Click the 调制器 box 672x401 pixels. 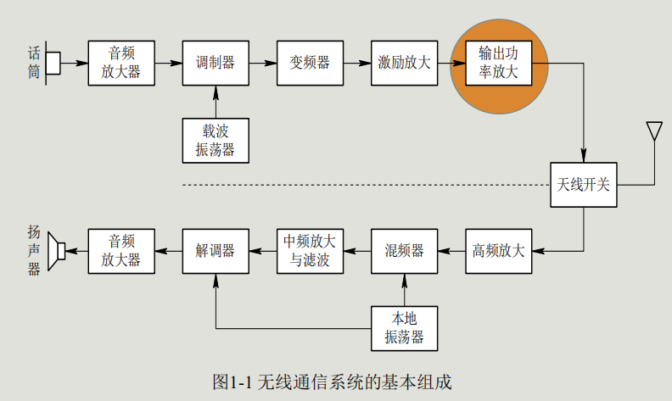pyautogui.click(x=216, y=63)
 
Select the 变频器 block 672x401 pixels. pyautogui.click(x=310, y=63)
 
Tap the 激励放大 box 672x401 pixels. pyautogui.click(x=404, y=63)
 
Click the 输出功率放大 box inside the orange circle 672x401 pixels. pyautogui.click(x=498, y=63)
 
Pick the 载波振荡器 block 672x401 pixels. pyautogui.click(x=216, y=140)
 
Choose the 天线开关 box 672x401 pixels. pyautogui.click(x=583, y=184)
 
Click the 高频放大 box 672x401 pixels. pyautogui.click(x=498, y=250)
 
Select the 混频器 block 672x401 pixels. pyautogui.click(x=404, y=250)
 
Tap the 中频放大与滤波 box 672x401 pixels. pyautogui.click(x=310, y=250)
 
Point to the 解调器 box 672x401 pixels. pyautogui.click(x=216, y=250)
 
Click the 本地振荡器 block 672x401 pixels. pyautogui.click(x=404, y=328)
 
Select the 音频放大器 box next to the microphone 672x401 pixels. pyautogui.click(x=121, y=63)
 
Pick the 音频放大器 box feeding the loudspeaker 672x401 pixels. pyautogui.click(x=121, y=250)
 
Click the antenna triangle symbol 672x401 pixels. pyautogui.click(x=653, y=132)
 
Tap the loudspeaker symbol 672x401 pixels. pyautogui.click(x=58, y=250)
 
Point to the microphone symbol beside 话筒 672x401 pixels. pyautogui.click(x=53, y=63)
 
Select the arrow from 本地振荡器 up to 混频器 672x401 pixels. pyautogui.click(x=404, y=289)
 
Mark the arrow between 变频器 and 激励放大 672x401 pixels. pyautogui.click(x=356, y=63)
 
